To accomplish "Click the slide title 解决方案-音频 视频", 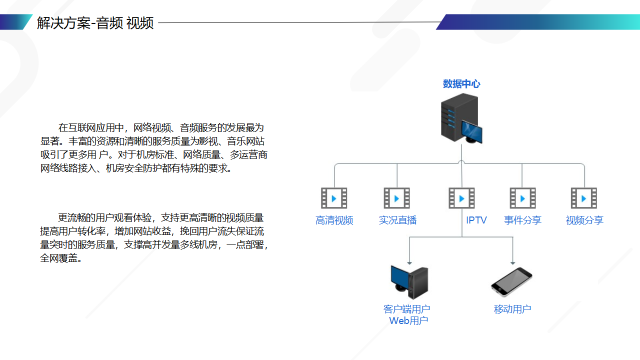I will (95, 23).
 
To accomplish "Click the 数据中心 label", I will (461, 84).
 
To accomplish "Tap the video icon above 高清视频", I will (334, 198).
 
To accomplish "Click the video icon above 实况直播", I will (397, 198).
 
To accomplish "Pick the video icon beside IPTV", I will (461, 198).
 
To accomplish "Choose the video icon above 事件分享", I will (522, 198).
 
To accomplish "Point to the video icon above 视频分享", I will (584, 198).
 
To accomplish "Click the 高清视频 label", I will (334, 220).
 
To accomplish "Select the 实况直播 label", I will (397, 220).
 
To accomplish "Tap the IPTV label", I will (476, 220).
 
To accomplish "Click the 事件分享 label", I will (522, 220).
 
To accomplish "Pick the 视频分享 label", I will (584, 220).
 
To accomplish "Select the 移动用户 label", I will (512, 309).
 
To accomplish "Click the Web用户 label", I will (408, 321).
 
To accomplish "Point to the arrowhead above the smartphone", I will (513, 262).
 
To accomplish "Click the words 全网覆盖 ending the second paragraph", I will (60, 259).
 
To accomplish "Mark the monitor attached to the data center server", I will (472, 131).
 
